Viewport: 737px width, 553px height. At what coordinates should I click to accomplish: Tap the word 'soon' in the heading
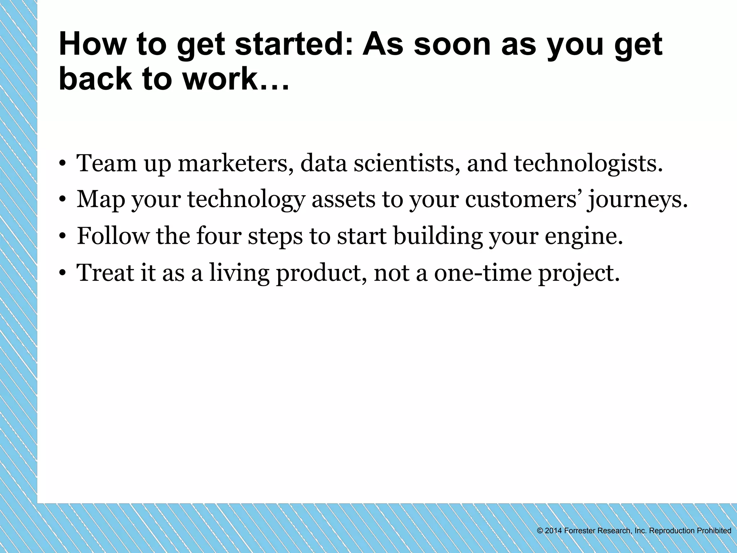[x=452, y=45]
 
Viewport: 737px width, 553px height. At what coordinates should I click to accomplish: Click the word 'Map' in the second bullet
[x=100, y=199]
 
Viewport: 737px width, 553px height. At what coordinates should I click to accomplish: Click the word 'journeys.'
[x=637, y=200]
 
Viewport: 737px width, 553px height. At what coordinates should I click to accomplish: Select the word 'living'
[x=239, y=273]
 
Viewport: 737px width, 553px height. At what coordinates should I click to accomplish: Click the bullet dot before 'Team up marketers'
[x=63, y=165]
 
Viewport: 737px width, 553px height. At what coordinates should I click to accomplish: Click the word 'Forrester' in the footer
[x=579, y=531]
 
